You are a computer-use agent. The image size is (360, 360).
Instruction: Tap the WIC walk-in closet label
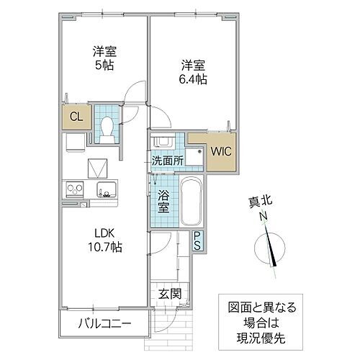click(x=220, y=151)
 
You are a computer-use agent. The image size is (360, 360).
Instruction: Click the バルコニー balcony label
click(x=104, y=325)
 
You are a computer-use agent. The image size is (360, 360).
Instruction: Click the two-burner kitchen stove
click(x=76, y=190)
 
